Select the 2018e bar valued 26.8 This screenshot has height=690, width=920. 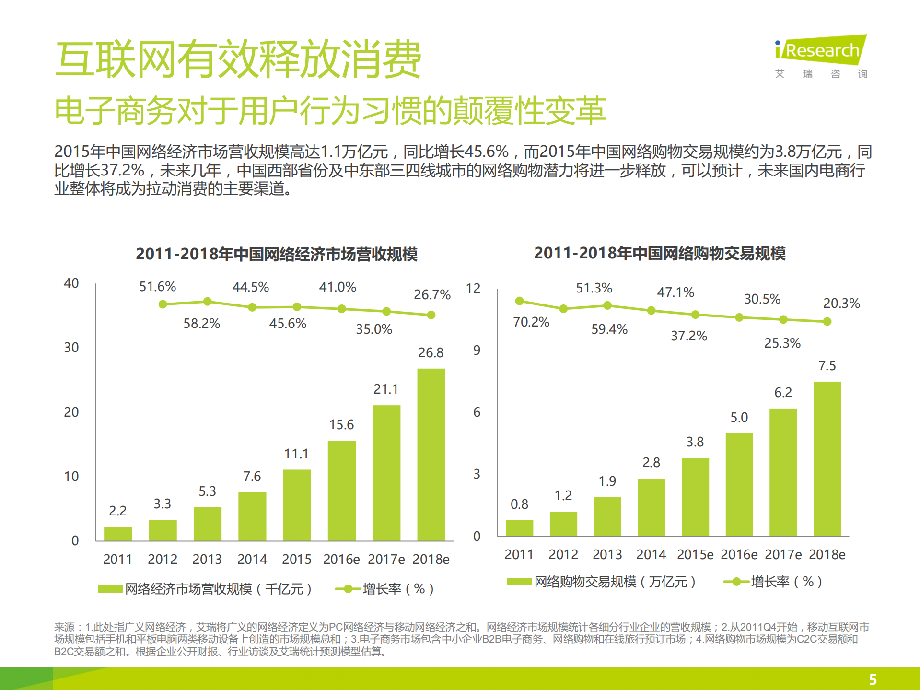pyautogui.click(x=431, y=454)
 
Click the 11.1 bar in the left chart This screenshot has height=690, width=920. pyautogui.click(x=297, y=504)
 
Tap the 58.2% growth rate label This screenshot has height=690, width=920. pyautogui.click(x=201, y=324)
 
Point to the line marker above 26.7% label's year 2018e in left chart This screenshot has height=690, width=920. pyautogui.click(x=431, y=315)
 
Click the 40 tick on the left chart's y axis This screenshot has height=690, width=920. pyautogui.click(x=71, y=283)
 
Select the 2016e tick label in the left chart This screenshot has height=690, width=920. pyautogui.click(x=341, y=559)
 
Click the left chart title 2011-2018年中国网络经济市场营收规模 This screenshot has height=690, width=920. pyautogui.click(x=276, y=254)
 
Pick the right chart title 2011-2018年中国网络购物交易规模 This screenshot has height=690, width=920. pyautogui.click(x=660, y=253)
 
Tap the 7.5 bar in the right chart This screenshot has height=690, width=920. pyautogui.click(x=827, y=458)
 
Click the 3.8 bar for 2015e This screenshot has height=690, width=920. pyautogui.click(x=695, y=497)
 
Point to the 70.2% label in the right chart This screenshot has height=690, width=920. pyautogui.click(x=531, y=322)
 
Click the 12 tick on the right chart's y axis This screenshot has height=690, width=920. pyautogui.click(x=473, y=289)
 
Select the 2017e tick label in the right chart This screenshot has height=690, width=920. pyautogui.click(x=783, y=555)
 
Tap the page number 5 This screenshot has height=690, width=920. pyautogui.click(x=873, y=679)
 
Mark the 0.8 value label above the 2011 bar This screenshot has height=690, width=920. pyautogui.click(x=519, y=504)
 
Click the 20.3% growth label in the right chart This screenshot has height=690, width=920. pyautogui.click(x=841, y=304)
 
